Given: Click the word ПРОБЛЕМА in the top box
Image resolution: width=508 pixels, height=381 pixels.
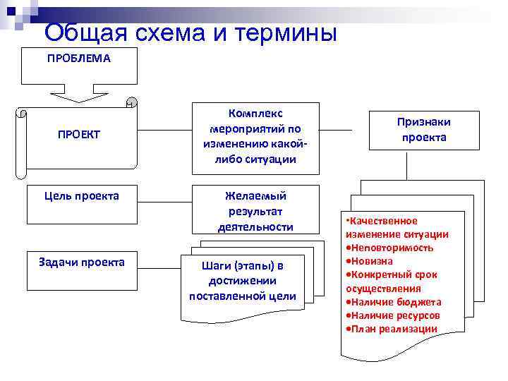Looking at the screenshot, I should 79,59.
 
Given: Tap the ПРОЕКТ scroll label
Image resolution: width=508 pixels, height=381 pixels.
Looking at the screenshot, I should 79,134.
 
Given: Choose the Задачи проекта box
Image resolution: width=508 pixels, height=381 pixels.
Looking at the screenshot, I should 82,262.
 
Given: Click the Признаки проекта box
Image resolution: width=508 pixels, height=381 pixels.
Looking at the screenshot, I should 424,129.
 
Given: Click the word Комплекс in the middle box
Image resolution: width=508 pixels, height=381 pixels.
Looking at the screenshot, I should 255,113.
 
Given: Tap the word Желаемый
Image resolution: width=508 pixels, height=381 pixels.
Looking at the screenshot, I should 255,195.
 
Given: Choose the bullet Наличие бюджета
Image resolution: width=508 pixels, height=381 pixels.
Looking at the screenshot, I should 396,302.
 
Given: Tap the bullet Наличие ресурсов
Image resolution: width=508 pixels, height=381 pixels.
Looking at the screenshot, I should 395,315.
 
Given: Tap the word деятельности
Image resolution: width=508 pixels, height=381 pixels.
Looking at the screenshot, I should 255,226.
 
